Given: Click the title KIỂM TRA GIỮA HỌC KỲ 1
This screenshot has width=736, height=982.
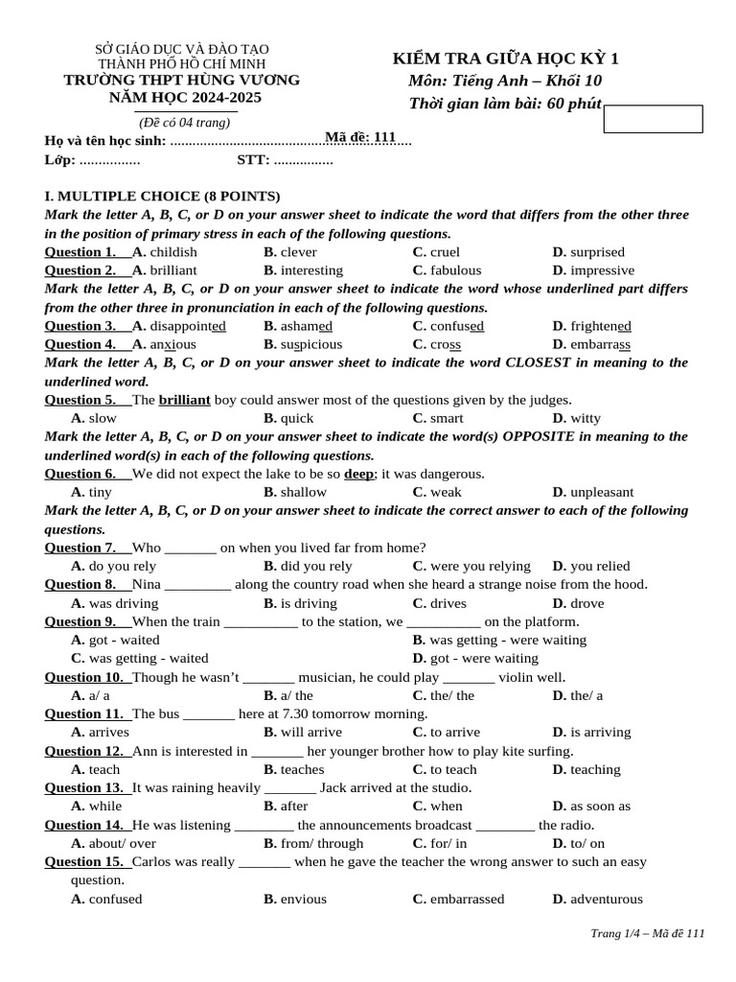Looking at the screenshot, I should (505, 59).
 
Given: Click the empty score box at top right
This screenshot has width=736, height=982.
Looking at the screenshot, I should (653, 119).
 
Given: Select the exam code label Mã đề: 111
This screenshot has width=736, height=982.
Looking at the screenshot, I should (360, 138).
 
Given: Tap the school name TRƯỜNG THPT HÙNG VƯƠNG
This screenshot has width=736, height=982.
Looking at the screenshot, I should (181, 80).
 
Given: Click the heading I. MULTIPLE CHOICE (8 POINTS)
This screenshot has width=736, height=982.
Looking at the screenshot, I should (162, 196).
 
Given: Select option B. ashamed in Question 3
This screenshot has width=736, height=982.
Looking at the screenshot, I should (298, 326).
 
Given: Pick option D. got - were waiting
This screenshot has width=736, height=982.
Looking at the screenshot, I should (475, 659).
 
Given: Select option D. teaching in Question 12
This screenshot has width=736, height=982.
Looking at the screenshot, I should (586, 769).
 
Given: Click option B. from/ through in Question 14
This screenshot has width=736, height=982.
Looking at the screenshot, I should (313, 843).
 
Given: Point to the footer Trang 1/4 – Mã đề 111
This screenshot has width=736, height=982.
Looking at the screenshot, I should (647, 934).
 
